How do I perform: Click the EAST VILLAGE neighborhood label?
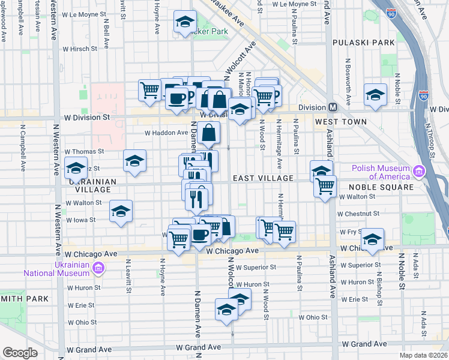262,178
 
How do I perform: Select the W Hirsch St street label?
79,49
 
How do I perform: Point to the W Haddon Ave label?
166,133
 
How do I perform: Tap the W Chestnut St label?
358,213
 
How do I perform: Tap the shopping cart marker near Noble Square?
325,187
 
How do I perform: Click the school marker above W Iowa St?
121,211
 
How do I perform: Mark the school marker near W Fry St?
372,239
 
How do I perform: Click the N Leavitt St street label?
128,276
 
